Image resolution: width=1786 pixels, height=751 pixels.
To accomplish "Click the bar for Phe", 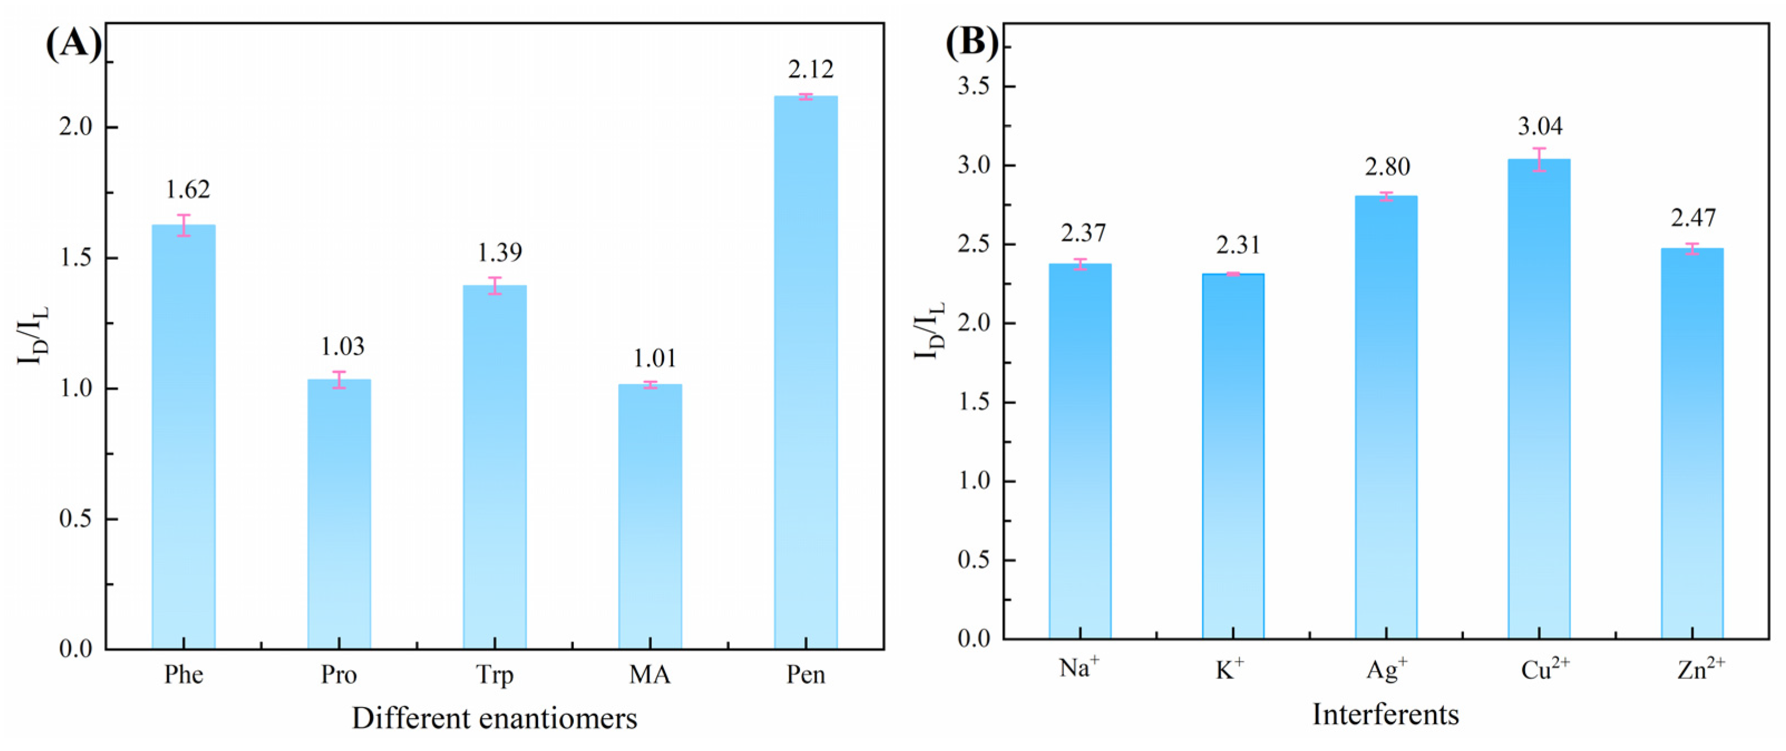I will tap(184, 436).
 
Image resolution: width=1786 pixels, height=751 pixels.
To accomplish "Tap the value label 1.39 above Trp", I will tap(499, 253).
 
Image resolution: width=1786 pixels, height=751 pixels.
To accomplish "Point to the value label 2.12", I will tap(811, 69).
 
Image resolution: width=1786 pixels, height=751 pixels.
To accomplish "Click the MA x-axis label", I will tap(650, 675).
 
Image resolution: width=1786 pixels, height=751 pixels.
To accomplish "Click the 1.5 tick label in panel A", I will tap(77, 258).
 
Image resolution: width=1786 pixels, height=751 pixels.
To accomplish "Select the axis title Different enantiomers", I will tap(494, 719).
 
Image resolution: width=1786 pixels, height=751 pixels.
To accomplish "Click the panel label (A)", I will tap(74, 45).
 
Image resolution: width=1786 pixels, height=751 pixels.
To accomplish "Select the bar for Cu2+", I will tap(1539, 399).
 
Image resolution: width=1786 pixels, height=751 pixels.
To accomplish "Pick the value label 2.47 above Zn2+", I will tap(1693, 218).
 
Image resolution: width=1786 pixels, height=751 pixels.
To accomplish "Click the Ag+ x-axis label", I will tap(1387, 669).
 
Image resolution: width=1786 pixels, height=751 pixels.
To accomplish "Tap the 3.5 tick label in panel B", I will tap(975, 87).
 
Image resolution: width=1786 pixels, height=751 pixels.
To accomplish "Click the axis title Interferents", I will tap(1385, 714).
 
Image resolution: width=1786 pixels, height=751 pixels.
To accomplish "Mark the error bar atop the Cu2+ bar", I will tap(1539, 159).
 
